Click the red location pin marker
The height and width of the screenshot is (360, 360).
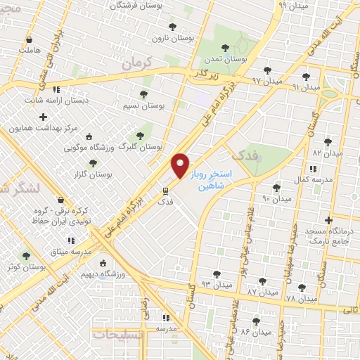pos(180,167)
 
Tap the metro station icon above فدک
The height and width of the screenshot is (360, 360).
pos(166,190)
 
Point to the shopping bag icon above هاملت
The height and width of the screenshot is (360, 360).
pos(29,40)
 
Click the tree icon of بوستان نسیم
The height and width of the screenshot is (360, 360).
pos(143,94)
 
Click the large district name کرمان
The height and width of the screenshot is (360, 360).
pos(136,63)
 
